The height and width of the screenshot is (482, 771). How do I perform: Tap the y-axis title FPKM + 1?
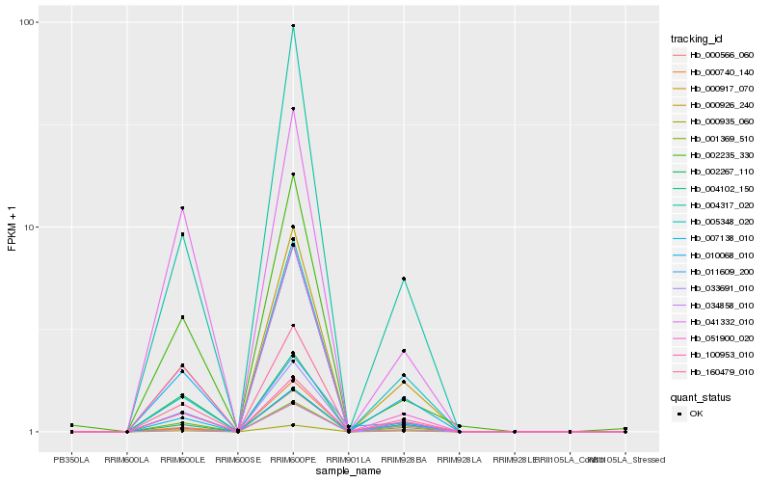[13, 228]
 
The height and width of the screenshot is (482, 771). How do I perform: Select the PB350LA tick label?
[71, 459]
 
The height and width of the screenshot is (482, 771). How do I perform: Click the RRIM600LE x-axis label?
[181, 459]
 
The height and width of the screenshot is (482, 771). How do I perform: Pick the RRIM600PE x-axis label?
[293, 459]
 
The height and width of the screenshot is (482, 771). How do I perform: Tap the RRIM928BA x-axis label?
[404, 459]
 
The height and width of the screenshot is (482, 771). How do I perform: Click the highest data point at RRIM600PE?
[293, 26]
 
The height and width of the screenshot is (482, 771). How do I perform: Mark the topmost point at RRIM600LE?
[182, 208]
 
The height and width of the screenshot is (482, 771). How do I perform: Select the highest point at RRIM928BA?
[404, 279]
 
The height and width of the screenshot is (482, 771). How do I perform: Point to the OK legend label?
[697, 414]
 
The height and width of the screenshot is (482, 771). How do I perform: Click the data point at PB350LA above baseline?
[71, 425]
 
